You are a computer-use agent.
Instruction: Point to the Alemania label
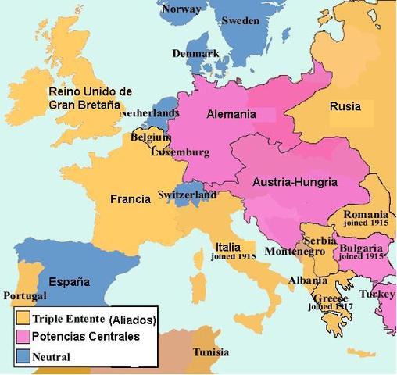tap(231, 114)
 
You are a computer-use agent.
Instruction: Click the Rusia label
tap(345, 107)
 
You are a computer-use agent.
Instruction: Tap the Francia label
tap(130, 199)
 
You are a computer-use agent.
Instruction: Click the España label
tap(69, 281)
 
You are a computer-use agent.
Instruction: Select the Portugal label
tap(25, 296)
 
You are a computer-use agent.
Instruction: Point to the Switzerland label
tap(187, 194)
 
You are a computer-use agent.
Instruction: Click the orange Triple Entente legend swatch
tap(24, 319)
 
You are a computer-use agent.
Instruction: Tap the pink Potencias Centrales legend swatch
tap(24, 337)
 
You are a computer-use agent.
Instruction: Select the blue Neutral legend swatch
tap(24, 355)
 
